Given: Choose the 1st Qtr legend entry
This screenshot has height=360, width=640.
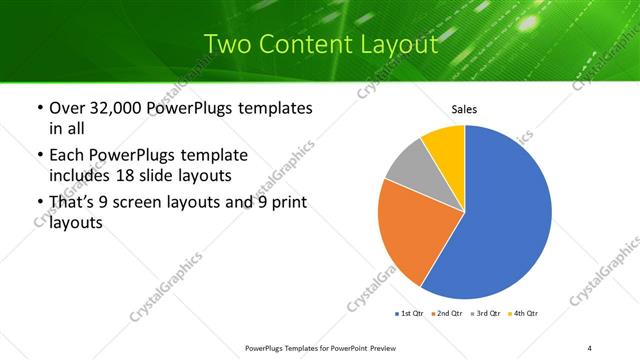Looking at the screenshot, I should (410, 314).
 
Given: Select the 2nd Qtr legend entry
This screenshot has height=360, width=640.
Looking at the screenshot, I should (448, 314).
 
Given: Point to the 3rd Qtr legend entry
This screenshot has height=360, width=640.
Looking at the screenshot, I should (487, 314).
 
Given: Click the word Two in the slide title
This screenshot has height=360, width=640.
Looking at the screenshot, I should (228, 44).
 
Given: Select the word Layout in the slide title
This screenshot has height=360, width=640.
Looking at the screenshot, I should (399, 44).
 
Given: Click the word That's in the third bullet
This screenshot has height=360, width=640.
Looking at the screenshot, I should (76, 203).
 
